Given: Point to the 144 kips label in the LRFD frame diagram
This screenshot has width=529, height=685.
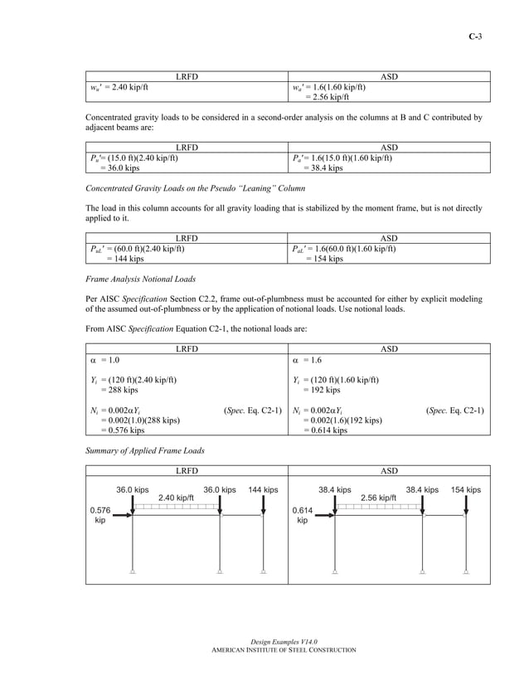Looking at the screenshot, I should (263, 490).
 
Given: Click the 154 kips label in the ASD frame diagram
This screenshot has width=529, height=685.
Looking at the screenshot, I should (465, 490).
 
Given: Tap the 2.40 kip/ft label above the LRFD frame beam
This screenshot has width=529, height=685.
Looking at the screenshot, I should (176, 498).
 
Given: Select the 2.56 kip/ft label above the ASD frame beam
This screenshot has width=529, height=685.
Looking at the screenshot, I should (378, 498).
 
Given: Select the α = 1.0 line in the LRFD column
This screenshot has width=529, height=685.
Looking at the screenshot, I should (104, 361).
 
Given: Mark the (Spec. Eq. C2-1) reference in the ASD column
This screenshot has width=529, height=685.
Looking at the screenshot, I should (454, 411).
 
